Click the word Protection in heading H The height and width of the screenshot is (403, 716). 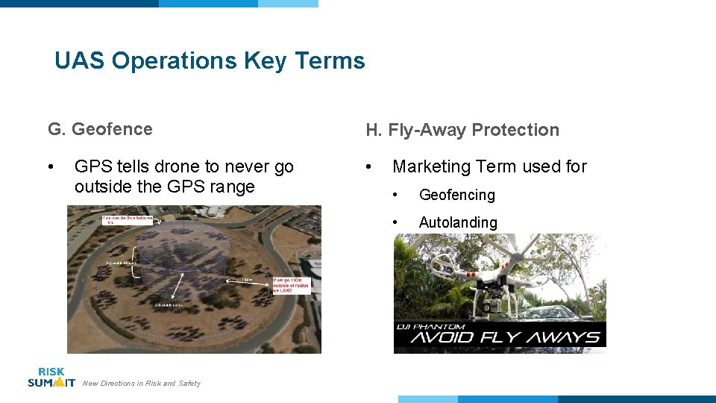515,130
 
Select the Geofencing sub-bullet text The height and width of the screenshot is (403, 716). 456,195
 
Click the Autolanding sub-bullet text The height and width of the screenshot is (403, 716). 457,222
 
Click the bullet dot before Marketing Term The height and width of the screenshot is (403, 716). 369,166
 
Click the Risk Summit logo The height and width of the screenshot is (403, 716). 51,377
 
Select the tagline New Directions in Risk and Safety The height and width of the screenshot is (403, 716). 142,384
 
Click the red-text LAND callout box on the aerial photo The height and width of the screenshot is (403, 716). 292,284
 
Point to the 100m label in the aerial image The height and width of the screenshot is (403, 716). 247,281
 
